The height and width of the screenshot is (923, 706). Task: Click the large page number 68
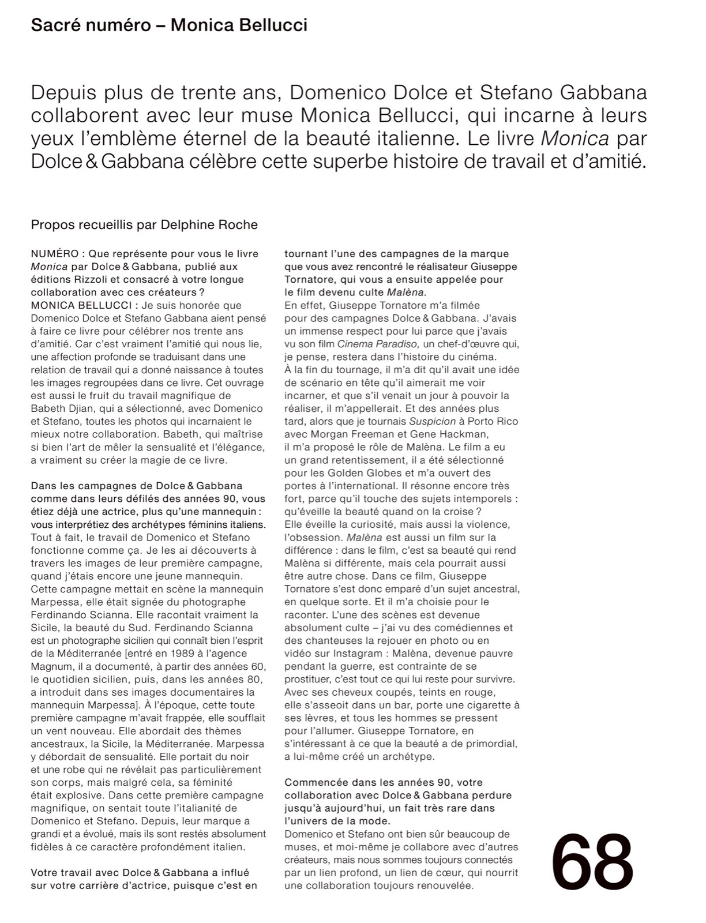(592, 862)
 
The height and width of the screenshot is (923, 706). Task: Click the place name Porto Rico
(495, 421)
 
